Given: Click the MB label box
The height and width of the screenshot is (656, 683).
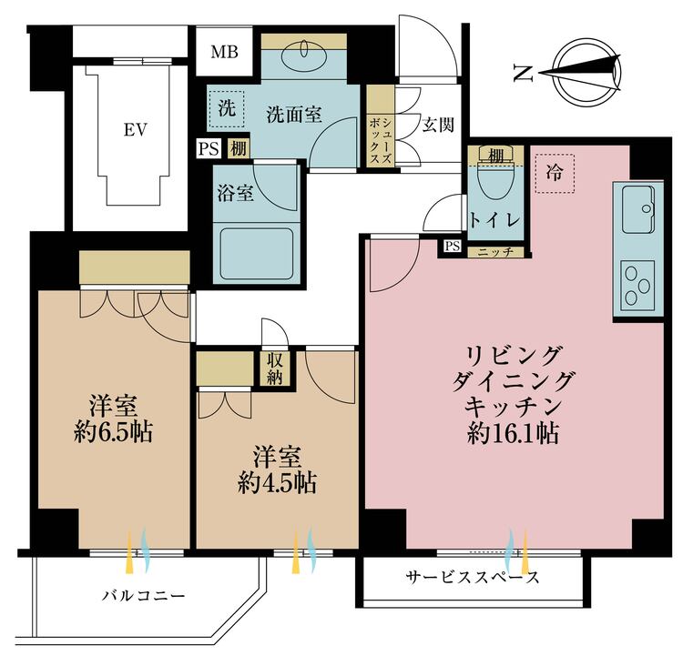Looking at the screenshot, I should [224, 51].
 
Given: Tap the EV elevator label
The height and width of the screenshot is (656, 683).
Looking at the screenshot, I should [136, 129].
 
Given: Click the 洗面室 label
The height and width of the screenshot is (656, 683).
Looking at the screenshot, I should [293, 115].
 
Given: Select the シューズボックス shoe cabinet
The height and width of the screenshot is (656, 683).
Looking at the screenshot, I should [380, 139].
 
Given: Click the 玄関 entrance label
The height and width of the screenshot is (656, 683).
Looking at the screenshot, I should [438, 125].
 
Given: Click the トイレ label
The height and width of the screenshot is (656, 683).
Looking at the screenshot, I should [494, 220].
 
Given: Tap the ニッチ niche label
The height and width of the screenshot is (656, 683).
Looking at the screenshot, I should [495, 251].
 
